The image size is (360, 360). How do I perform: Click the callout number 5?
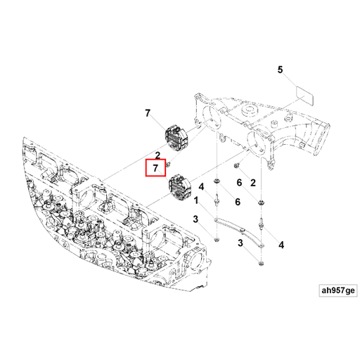(279, 70)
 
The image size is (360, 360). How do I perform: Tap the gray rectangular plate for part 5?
(303, 94)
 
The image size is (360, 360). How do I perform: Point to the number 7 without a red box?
(148, 113)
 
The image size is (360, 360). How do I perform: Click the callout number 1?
(196, 200)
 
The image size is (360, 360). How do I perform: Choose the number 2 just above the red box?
(158, 154)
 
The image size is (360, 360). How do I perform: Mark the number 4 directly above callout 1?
(200, 187)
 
